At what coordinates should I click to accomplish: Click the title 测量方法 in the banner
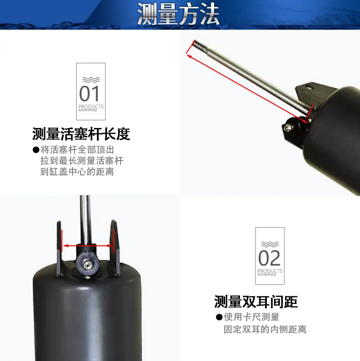pos(178,14)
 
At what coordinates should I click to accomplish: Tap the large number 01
pos(89,93)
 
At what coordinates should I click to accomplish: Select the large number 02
pos(269,258)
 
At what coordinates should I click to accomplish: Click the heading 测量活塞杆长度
pos(81,134)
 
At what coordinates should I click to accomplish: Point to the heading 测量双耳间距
pos(256,302)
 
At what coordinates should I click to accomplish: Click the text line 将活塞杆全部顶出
pos(77,150)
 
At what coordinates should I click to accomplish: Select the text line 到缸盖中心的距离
pos(77,172)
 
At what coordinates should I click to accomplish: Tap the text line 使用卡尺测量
pos(252,317)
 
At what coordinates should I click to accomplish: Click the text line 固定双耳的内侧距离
pos(265,329)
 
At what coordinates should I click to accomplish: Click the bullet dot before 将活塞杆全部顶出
pos(36,150)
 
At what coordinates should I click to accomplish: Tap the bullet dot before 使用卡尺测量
pos(219,317)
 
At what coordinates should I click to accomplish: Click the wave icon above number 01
pos(91,80)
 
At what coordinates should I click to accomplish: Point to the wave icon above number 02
pos(270,245)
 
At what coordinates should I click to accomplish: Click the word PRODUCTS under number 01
pos(91,106)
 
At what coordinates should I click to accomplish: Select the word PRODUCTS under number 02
pos(270,271)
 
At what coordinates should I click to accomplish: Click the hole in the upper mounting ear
pos(310,87)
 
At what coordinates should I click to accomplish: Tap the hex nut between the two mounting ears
pos(87,265)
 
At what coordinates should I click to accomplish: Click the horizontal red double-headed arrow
pos(87,245)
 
